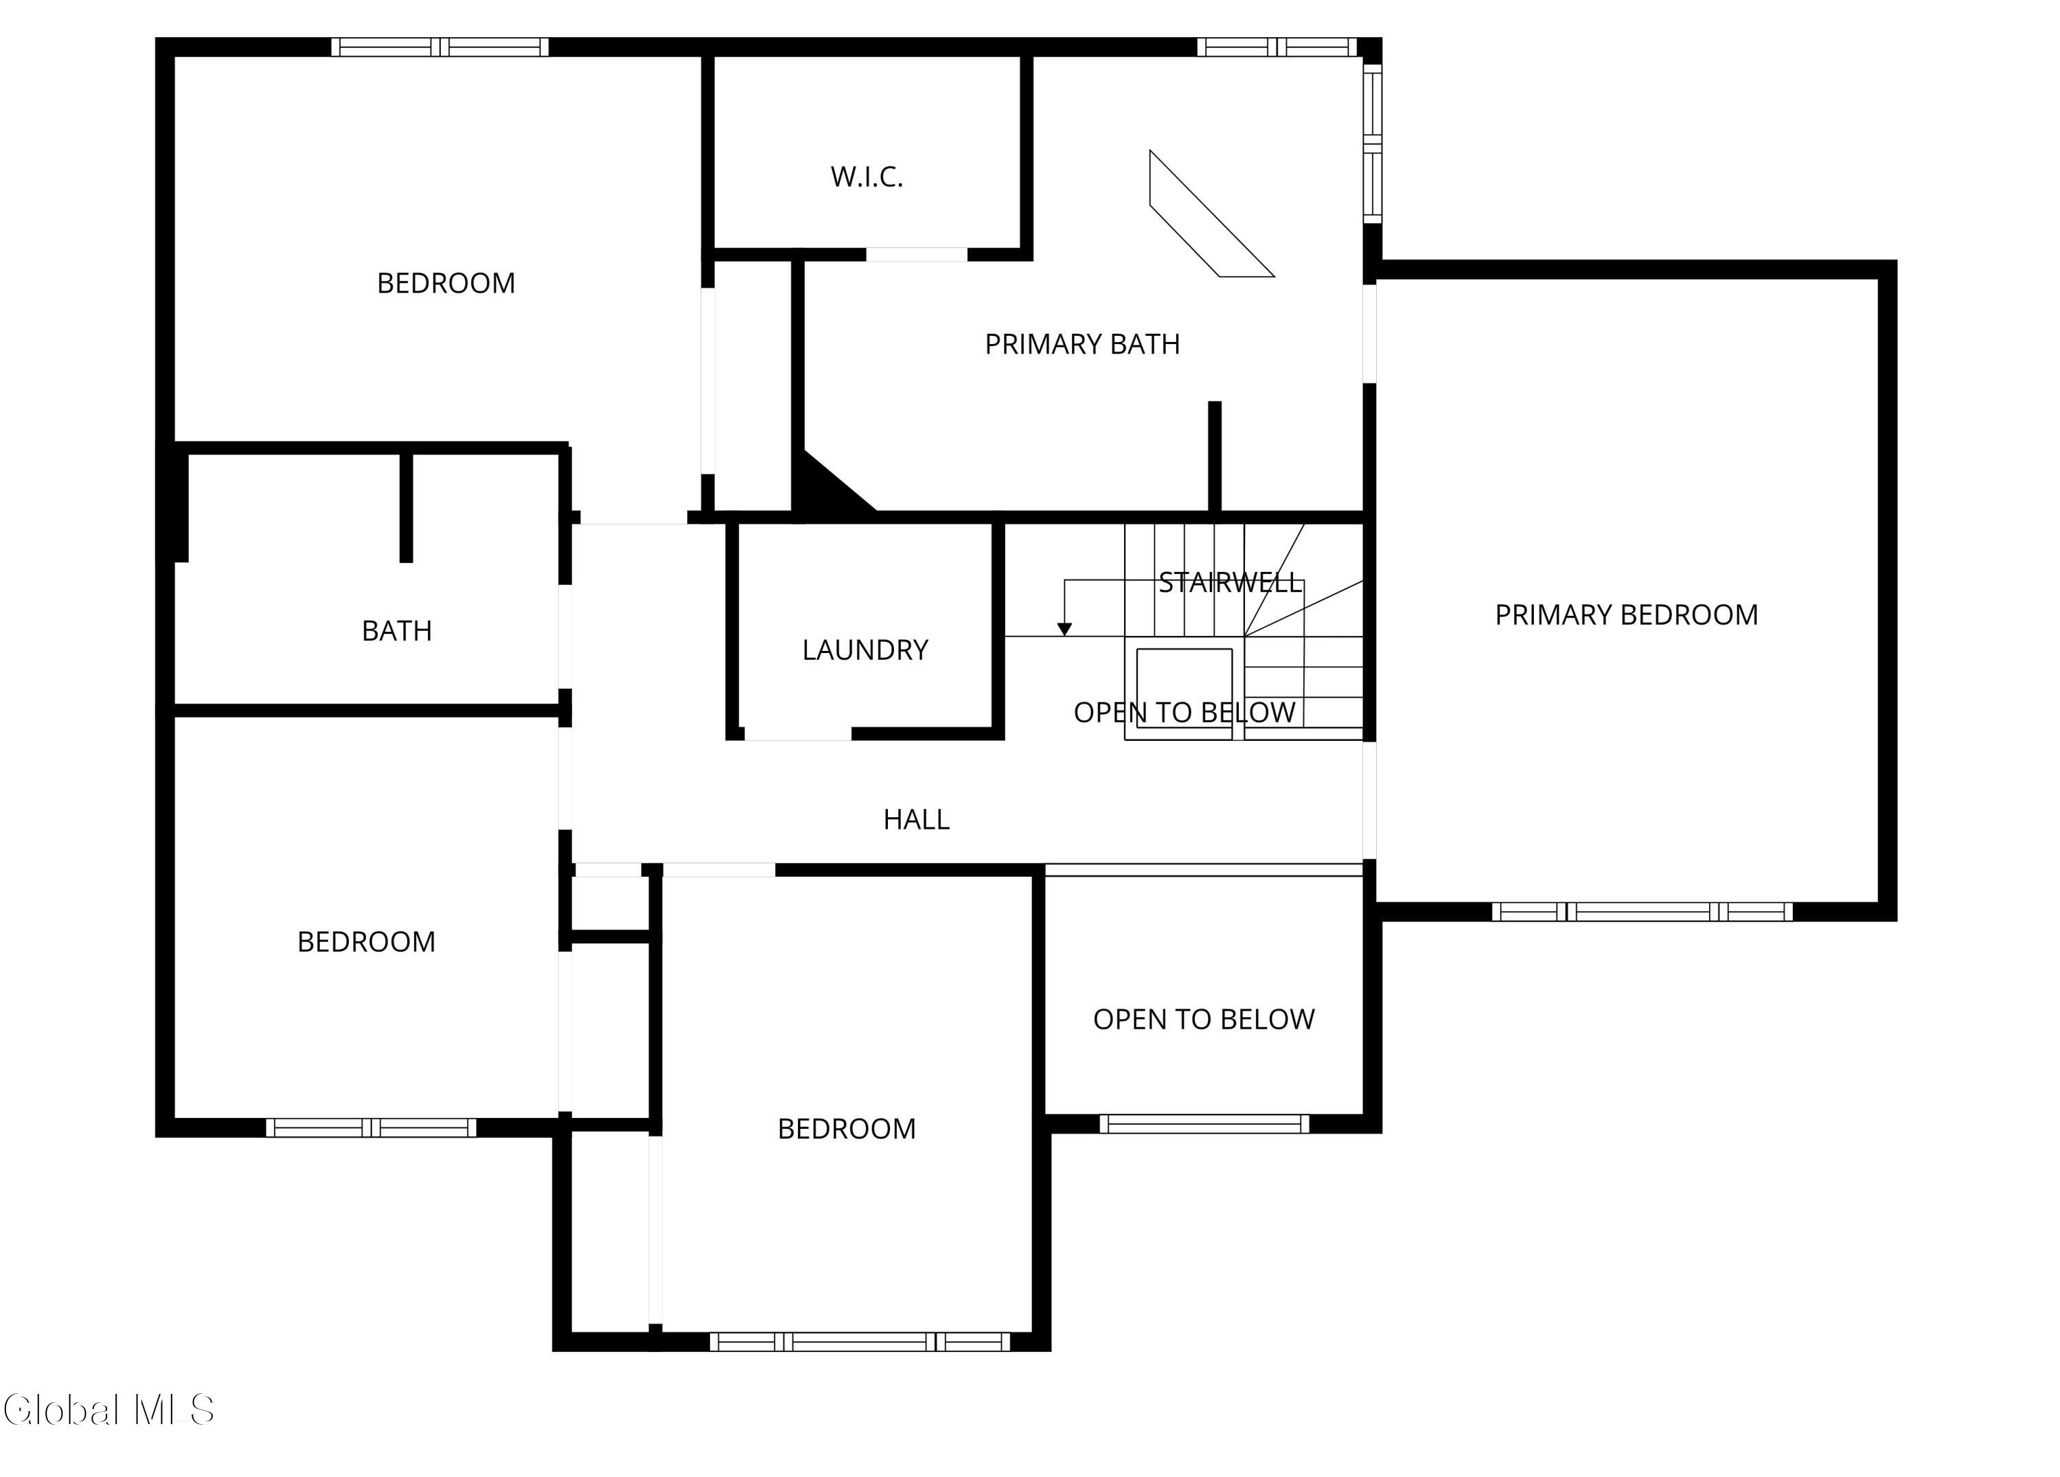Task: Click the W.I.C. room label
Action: (867, 177)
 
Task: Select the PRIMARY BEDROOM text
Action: (1627, 615)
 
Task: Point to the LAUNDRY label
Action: (865, 650)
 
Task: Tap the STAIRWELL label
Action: (1231, 583)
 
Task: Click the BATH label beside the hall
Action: (397, 631)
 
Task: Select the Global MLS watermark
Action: (109, 1410)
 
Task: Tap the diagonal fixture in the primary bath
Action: (1213, 214)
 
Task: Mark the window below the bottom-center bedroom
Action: (859, 1342)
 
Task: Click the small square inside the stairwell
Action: (1184, 693)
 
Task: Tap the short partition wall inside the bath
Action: (406, 507)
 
